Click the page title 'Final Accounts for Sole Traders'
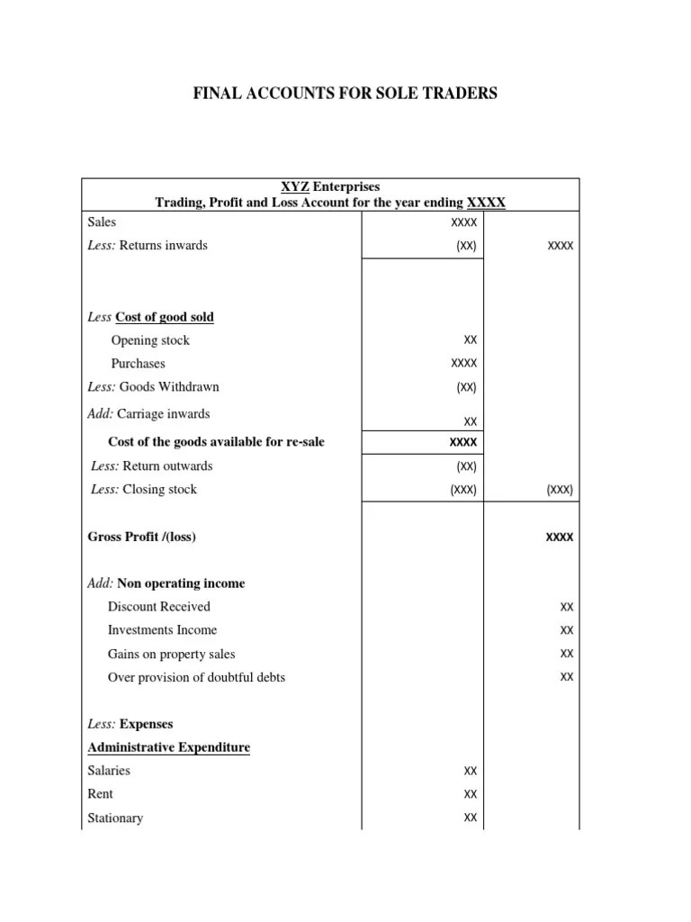tap(345, 94)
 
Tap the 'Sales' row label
tap(102, 221)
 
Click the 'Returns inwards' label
tap(163, 245)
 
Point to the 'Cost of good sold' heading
tap(165, 317)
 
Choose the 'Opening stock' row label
tap(150, 340)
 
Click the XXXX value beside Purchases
tap(464, 364)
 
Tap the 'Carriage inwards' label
tap(164, 414)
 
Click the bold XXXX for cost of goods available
tap(464, 443)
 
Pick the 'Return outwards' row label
tap(167, 466)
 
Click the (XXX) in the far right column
tap(560, 491)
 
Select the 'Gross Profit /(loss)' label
tap(141, 537)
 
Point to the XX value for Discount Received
tap(567, 608)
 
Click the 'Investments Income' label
tap(162, 630)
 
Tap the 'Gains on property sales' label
tap(171, 655)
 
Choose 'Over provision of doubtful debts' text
tap(196, 677)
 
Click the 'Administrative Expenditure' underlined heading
tap(168, 747)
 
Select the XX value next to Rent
tap(471, 795)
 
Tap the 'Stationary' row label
tap(115, 818)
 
